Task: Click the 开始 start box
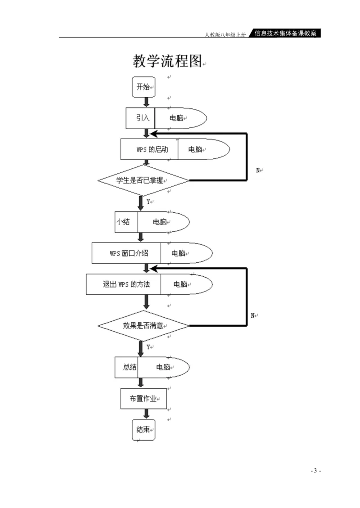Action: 143,87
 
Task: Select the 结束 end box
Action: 143,430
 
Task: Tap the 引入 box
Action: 140,118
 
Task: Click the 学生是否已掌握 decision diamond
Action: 144,180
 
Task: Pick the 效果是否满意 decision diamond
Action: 144,325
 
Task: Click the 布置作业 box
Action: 143,398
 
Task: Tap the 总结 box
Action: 126,367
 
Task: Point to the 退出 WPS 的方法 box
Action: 123,284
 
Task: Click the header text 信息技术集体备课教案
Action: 285,33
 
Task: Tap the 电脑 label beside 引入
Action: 176,118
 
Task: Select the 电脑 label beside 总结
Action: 163,367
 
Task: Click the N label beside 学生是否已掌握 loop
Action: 258,170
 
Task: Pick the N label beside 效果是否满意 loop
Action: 252,315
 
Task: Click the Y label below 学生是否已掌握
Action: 148,202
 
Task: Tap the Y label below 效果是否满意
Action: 148,347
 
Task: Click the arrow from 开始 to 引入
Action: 146,103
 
